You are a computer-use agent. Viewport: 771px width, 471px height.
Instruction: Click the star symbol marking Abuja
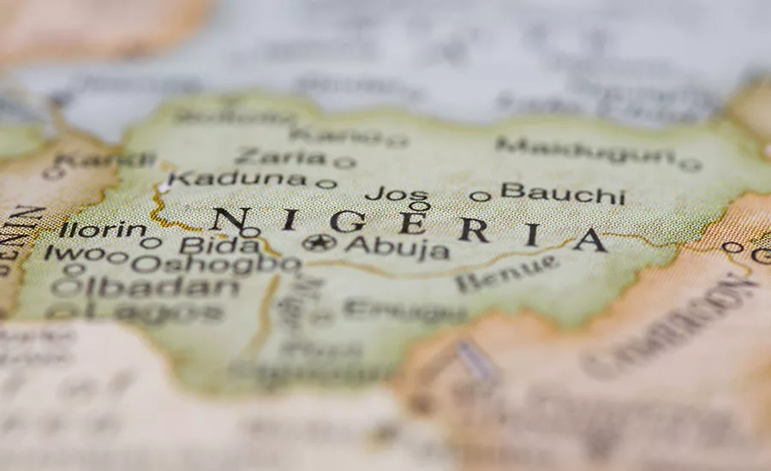tap(319, 242)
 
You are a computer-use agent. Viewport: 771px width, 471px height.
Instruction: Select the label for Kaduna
tap(236, 179)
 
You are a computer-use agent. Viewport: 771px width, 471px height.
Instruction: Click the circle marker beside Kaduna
tap(326, 183)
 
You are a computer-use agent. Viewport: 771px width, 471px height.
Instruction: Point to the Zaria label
tap(279, 157)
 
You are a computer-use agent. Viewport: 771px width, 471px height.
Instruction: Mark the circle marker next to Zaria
tap(344, 162)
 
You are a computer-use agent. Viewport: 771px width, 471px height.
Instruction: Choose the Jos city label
tap(396, 194)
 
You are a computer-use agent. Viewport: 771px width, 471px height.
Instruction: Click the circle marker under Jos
tap(419, 206)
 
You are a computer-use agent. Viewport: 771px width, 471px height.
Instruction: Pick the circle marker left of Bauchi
tap(480, 196)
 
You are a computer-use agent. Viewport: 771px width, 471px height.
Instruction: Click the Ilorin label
tap(102, 230)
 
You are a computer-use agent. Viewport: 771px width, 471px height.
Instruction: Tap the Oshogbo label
tap(215, 264)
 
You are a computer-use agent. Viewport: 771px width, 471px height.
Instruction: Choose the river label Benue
tap(506, 273)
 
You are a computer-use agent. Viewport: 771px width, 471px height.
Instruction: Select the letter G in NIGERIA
tap(347, 221)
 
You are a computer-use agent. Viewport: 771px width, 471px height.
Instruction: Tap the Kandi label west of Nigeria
tap(105, 159)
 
